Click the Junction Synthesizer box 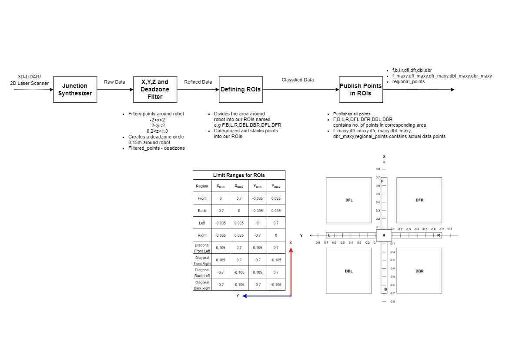[75, 89]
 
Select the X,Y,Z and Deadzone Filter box [155, 89]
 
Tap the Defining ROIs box [241, 89]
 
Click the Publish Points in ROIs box [361, 89]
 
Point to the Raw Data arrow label [114, 82]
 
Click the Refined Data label [198, 82]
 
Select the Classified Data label [298, 80]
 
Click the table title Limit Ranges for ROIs [239, 175]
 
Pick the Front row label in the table [202, 199]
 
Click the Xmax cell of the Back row [239, 211]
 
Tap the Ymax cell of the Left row [276, 223]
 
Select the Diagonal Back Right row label [202, 285]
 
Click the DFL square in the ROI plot [348, 200]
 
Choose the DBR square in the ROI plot [419, 271]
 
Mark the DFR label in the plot [419, 200]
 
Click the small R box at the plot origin [384, 236]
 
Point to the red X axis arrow [291, 270]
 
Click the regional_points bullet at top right [408, 81]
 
